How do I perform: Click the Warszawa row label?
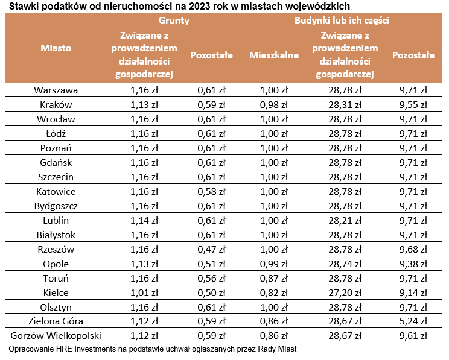pyautogui.click(x=56, y=90)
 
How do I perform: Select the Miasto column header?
pyautogui.click(x=56, y=47)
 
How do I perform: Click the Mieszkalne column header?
pyautogui.click(x=274, y=55)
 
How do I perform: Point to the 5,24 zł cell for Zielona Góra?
pyautogui.click(x=413, y=321)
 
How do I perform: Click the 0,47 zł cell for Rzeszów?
pyautogui.click(x=211, y=249)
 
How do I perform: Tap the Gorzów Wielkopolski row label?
pyautogui.click(x=56, y=336)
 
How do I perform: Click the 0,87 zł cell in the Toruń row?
pyautogui.click(x=273, y=278)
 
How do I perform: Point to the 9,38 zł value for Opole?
pyautogui.click(x=413, y=264)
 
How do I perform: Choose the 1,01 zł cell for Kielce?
pyautogui.click(x=144, y=293)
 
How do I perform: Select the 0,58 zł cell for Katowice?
pyautogui.click(x=211, y=192)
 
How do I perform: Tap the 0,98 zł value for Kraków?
pyautogui.click(x=273, y=105)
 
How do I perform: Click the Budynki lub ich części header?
pyautogui.click(x=342, y=20)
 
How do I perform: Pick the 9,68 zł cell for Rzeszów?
pyautogui.click(x=413, y=249)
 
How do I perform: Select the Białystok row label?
pyautogui.click(x=56, y=235)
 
